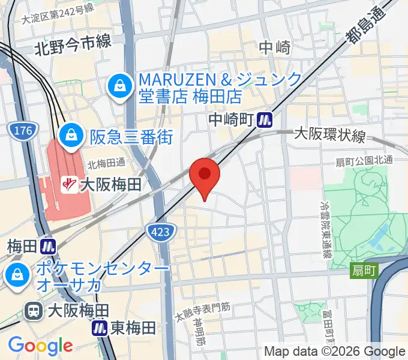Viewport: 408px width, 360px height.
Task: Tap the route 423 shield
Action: pos(161,231)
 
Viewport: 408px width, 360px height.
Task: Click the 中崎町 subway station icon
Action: pos(264,121)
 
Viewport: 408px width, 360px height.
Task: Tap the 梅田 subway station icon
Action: pos(49,246)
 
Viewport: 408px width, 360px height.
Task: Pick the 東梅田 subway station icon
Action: pos(100,328)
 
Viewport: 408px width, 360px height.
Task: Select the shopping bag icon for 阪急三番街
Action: pos(71,136)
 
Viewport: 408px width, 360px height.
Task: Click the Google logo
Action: pos(40,346)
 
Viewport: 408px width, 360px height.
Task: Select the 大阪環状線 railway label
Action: pos(330,136)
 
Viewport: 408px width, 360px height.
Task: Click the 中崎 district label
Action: pos(274,47)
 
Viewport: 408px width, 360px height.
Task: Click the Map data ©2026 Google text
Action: pos(335,352)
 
